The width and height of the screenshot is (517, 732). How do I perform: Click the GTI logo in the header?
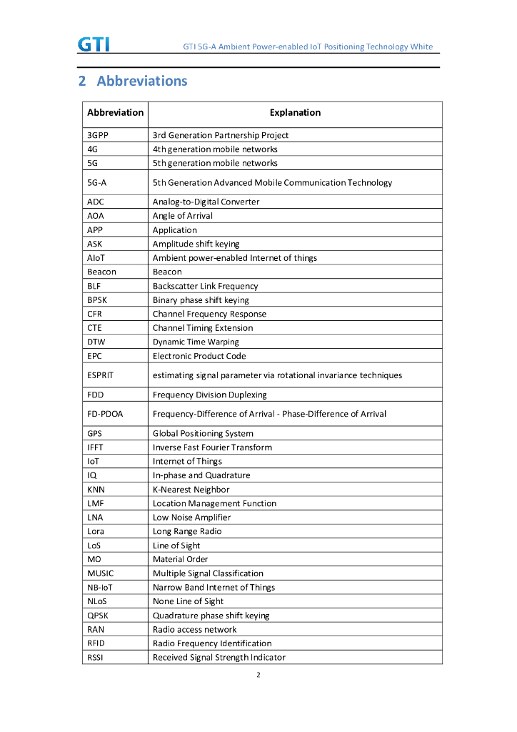point(94,44)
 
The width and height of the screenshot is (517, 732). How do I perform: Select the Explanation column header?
point(295,113)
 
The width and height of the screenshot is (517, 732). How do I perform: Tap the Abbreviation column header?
point(115,113)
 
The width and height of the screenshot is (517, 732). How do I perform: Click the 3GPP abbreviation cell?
point(98,135)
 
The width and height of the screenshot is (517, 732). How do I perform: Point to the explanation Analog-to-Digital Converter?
point(206,202)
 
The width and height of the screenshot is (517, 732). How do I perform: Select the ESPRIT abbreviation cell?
point(101,375)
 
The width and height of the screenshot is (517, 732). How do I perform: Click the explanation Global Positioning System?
point(203,433)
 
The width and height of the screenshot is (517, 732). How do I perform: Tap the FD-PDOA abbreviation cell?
point(105,414)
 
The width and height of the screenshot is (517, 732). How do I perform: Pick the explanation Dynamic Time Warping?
point(196,342)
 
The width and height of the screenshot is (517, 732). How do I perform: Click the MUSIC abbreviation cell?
point(101,573)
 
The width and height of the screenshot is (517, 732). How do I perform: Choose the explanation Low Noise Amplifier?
point(191,518)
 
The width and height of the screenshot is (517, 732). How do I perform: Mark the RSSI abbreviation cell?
point(96,658)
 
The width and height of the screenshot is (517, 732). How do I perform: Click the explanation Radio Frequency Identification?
point(212,643)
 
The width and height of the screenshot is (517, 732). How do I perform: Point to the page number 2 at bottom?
point(258,675)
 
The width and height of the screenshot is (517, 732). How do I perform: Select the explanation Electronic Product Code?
point(199,356)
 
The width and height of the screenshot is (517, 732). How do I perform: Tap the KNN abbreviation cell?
point(96,490)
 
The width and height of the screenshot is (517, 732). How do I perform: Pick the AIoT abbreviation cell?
point(96,258)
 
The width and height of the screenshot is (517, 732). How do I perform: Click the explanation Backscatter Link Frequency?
point(205,286)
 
